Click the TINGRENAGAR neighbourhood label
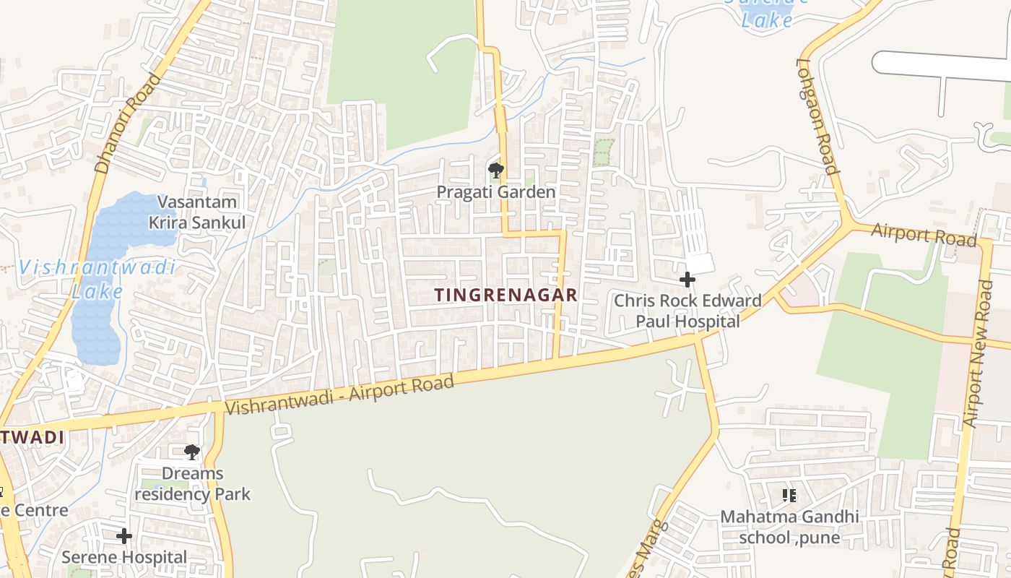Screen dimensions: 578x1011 point(506,295)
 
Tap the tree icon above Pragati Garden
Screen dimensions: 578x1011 point(495,171)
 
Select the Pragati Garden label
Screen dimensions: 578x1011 point(495,192)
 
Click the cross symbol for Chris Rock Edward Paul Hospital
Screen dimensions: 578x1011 point(687,279)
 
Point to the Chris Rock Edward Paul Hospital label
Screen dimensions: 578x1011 point(687,311)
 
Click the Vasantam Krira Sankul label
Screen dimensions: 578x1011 point(197,212)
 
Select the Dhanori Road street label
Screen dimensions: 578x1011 point(126,124)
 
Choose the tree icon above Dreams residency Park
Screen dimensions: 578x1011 point(191,452)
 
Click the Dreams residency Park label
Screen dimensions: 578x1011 point(192,484)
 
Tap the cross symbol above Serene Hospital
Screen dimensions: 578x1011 point(124,536)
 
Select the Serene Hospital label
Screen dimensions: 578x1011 point(124,558)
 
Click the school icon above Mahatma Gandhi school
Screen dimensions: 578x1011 point(789,496)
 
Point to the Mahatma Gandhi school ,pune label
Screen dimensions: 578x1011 point(789,527)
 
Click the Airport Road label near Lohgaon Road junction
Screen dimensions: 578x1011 point(924,234)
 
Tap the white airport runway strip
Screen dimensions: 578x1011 point(939,65)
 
